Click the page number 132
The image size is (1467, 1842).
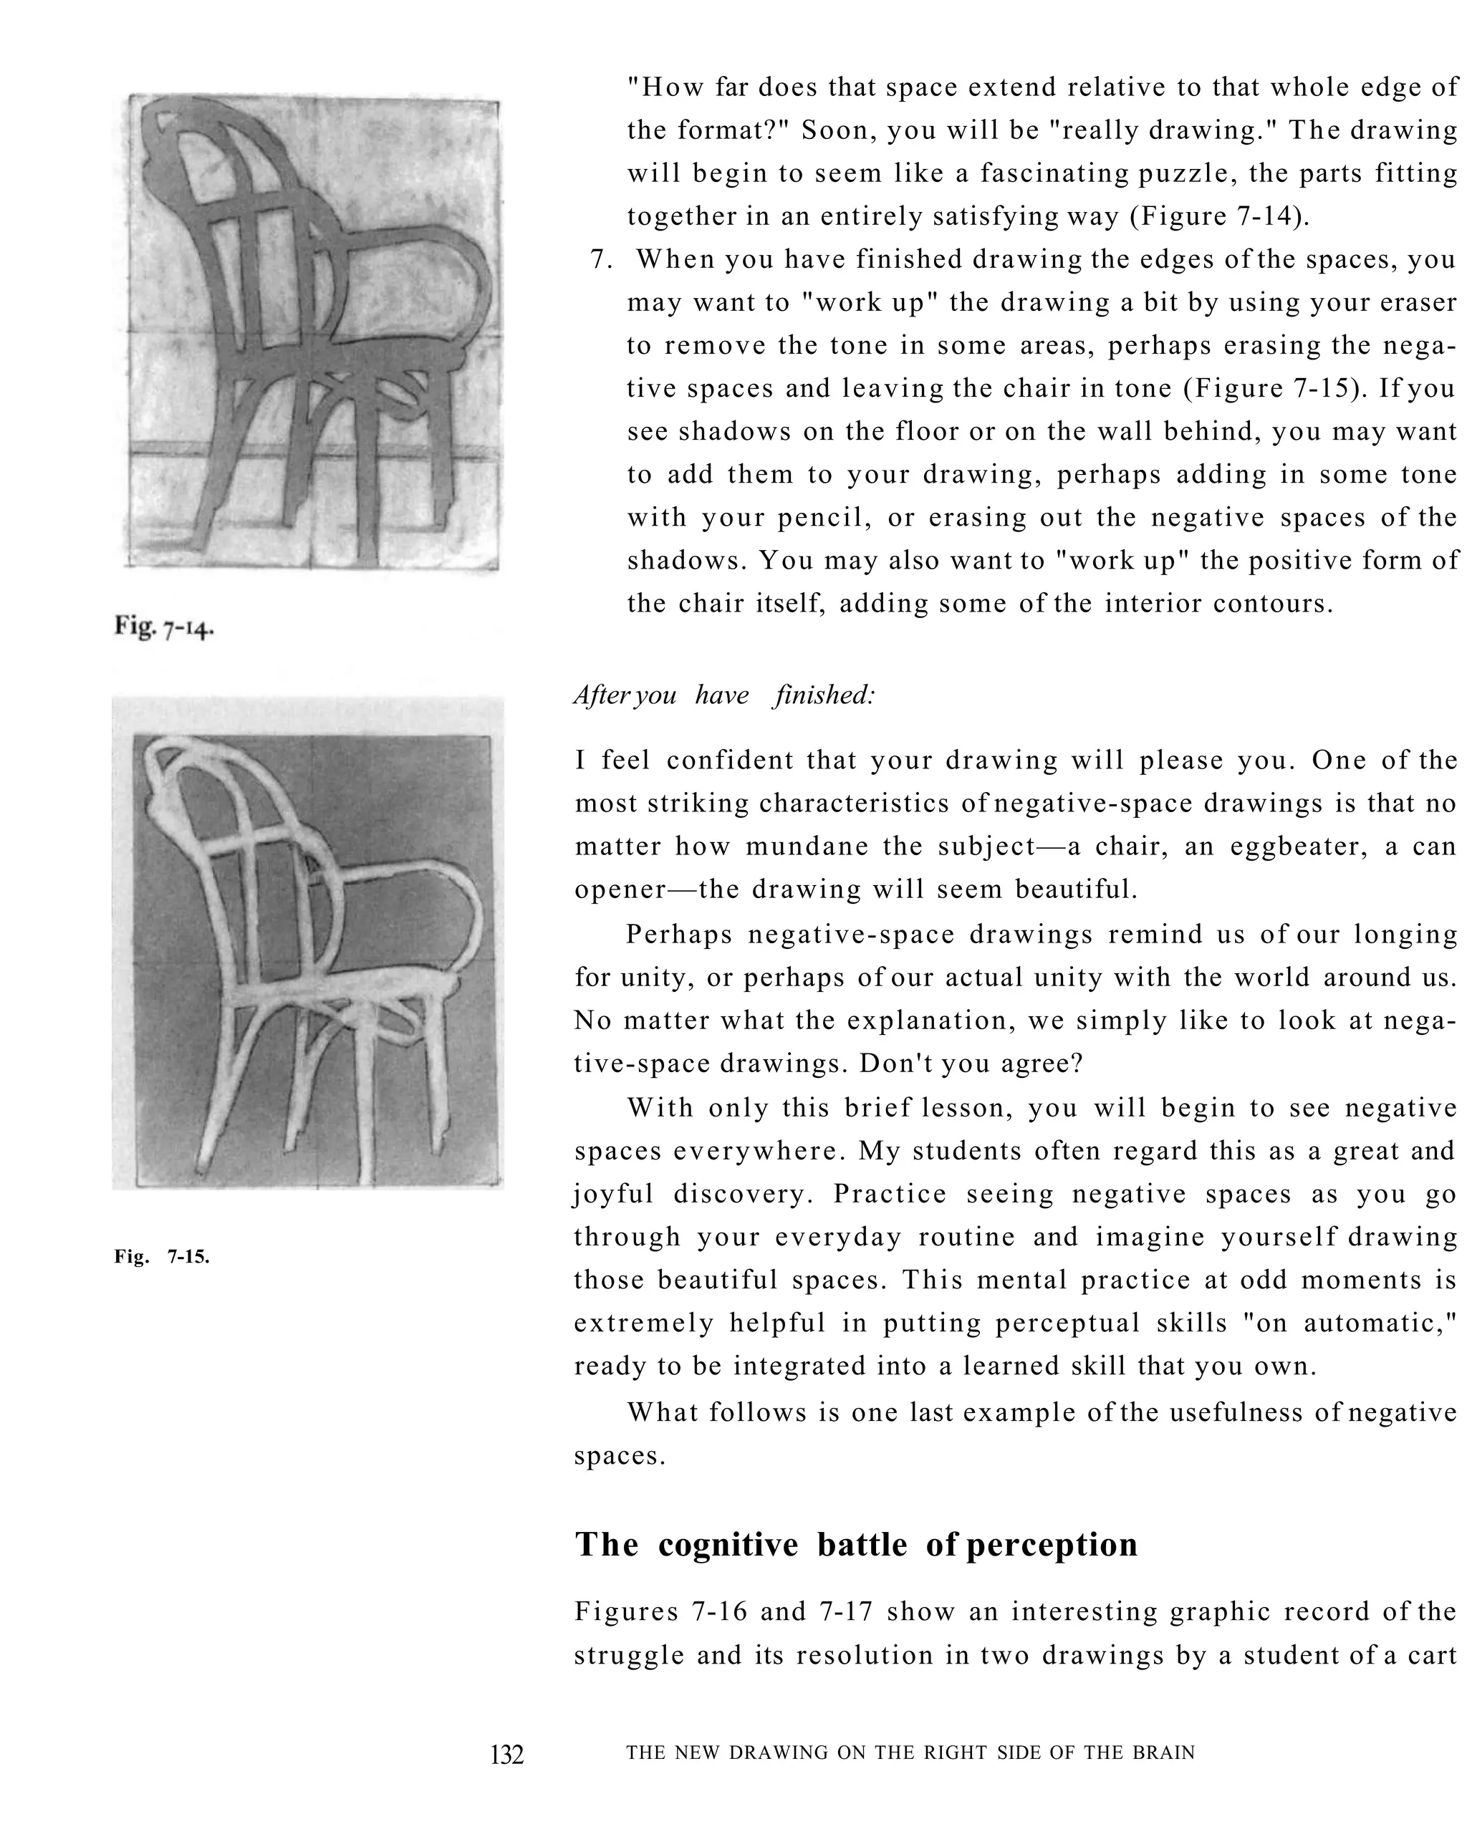pyautogui.click(x=506, y=1754)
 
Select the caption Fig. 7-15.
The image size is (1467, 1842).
pyautogui.click(x=161, y=1256)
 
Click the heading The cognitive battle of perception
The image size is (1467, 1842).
pyautogui.click(x=855, y=1544)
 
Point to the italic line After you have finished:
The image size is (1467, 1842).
pyautogui.click(x=724, y=695)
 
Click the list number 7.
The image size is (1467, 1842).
pyautogui.click(x=601, y=259)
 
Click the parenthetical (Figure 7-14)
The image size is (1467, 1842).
pyautogui.click(x=1219, y=216)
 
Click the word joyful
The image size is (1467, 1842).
pyautogui.click(x=613, y=1194)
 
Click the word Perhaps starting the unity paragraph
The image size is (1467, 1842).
pyautogui.click(x=678, y=934)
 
